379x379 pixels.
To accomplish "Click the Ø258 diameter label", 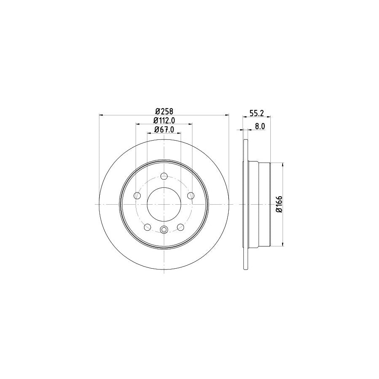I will pos(164,111).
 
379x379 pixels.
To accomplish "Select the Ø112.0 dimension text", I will pos(164,121).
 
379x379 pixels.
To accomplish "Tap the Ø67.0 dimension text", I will pos(164,130).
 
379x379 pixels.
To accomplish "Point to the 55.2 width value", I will pos(254,113).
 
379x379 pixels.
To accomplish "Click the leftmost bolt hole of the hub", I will pos(137,195).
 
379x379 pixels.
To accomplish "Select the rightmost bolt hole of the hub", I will pos(191,195).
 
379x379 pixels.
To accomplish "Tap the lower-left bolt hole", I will pos(147,227).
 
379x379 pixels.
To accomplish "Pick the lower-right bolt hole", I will pos(181,227).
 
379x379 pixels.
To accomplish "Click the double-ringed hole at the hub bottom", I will pos(164,230).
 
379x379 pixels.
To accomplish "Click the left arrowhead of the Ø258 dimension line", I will pos(101,115).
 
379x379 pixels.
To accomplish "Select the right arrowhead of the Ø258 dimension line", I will pos(227,115).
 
